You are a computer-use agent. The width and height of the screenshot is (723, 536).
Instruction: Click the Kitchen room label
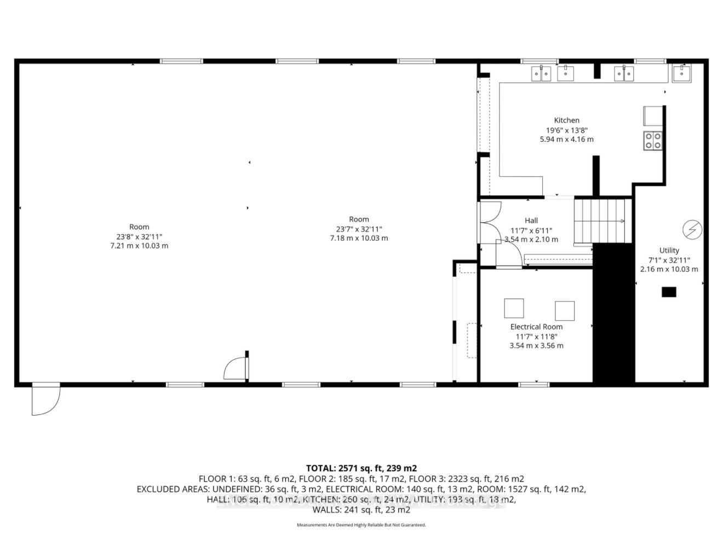coord(566,120)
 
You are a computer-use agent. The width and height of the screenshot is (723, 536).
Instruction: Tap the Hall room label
coord(531,221)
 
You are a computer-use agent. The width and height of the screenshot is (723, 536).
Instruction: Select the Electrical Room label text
coord(536,327)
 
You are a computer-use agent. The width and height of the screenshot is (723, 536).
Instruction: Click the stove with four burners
coord(652,141)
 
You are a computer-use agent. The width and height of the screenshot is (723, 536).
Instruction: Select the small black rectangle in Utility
coord(669,292)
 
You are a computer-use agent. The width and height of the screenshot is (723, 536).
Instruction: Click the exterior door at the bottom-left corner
coord(44,400)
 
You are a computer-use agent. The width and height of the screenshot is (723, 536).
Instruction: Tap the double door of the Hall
coord(490,221)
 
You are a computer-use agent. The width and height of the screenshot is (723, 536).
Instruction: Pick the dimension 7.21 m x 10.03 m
coord(139,246)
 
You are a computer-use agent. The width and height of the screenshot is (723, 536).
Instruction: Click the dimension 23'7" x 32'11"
coord(359,229)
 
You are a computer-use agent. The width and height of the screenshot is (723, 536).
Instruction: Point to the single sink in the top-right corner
coord(682,73)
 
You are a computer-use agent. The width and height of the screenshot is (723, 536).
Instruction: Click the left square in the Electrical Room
coord(514,308)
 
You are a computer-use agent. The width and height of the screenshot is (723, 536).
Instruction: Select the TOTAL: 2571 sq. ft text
coord(361,468)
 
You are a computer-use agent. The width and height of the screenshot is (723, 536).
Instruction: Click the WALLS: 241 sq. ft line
coord(361,510)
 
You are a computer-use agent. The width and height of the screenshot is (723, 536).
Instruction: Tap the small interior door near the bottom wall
coord(236,368)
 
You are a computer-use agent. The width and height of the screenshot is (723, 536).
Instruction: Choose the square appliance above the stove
coord(653,116)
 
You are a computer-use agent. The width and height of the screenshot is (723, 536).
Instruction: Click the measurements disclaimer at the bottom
coord(361,525)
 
